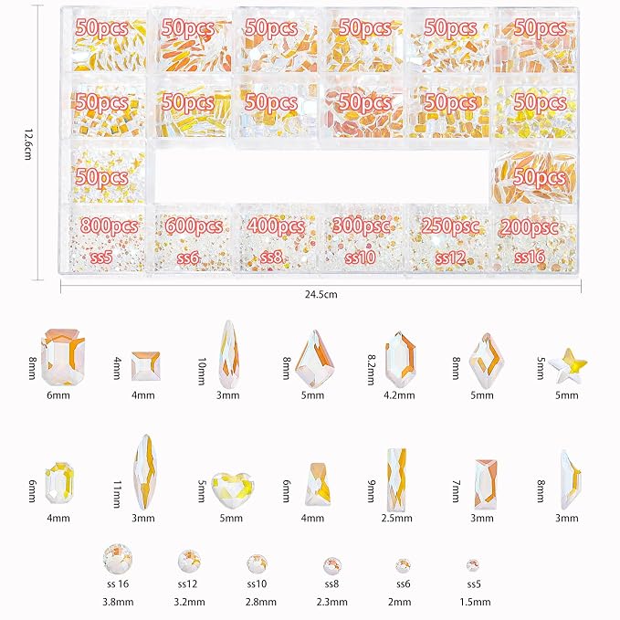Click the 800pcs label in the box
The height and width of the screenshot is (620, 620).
[110, 226]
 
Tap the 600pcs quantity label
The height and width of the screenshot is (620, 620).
[194, 226]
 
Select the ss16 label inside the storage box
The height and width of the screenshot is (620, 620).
[530, 257]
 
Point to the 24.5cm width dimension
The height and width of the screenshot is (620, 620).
[321, 295]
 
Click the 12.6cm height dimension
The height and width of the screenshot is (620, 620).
[27, 144]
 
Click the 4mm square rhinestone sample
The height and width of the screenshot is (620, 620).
[145, 366]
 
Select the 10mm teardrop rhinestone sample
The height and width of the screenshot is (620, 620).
[228, 354]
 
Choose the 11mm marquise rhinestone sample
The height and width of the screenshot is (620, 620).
[144, 473]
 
